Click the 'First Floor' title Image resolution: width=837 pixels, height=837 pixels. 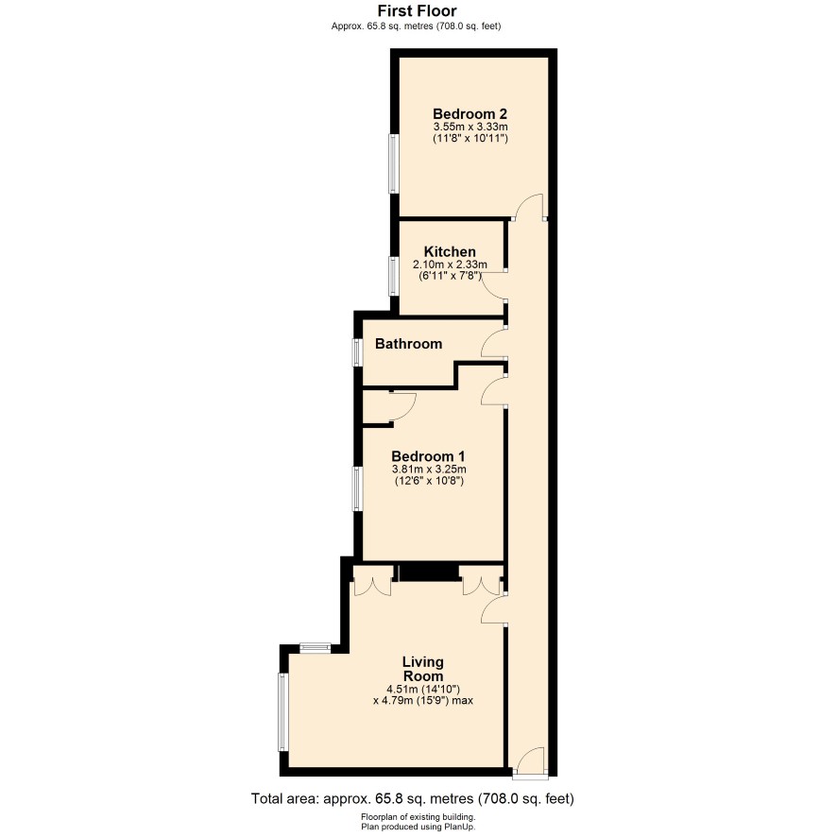click(417, 10)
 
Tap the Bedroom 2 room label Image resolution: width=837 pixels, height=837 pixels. click(470, 113)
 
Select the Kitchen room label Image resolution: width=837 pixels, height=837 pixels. click(450, 251)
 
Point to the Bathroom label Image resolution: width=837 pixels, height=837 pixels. click(408, 343)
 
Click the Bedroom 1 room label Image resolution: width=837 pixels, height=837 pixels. click(428, 456)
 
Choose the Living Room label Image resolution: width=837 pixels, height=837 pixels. click(423, 669)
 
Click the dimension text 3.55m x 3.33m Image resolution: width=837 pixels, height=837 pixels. click(470, 127)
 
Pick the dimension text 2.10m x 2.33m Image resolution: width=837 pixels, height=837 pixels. click(450, 265)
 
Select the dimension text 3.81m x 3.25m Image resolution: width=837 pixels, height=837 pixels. click(429, 470)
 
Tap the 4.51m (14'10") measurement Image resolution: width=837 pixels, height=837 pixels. click(423, 689)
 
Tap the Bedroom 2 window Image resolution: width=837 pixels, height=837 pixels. click(394, 163)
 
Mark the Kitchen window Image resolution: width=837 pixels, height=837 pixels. click(394, 276)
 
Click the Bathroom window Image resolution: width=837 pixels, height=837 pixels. click(357, 352)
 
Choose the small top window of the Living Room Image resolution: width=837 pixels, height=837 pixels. click(316, 648)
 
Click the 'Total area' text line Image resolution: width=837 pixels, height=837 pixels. click(413, 798)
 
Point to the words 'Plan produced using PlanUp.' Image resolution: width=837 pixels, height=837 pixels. click(418, 827)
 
